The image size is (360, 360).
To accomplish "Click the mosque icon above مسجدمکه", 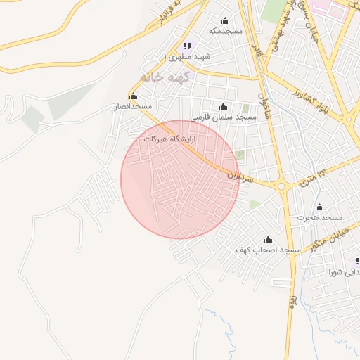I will coord(225,20).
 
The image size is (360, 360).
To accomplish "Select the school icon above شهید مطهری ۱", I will coord(186,46).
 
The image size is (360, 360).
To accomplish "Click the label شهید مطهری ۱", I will coord(186,56).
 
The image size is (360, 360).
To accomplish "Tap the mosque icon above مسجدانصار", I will coord(133,96).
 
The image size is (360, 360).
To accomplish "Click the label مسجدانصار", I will coord(134,107).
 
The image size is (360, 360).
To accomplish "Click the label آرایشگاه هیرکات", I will coord(169,139).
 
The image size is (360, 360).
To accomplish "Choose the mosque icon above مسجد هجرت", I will coord(319,207).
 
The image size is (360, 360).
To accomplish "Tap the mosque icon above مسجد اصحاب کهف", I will coord(267,240).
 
